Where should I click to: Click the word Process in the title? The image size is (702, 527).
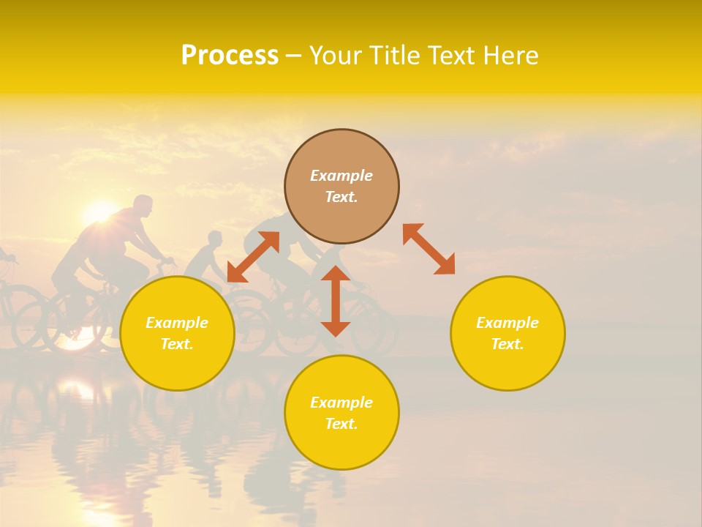[230, 56]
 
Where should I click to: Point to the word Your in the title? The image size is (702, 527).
[334, 56]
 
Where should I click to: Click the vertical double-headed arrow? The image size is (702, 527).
[336, 301]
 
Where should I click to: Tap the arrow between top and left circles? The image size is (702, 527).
[253, 257]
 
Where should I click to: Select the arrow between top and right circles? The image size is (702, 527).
[429, 249]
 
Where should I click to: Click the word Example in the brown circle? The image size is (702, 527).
[341, 176]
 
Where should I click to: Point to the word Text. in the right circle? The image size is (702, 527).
[507, 344]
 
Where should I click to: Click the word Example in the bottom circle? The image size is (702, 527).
[341, 403]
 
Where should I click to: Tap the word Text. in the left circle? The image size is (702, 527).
[177, 344]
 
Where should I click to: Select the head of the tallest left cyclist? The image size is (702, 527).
[143, 206]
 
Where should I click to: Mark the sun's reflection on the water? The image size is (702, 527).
[77, 388]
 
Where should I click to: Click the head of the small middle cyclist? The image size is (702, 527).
[214, 239]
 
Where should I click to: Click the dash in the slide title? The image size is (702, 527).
[294, 56]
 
